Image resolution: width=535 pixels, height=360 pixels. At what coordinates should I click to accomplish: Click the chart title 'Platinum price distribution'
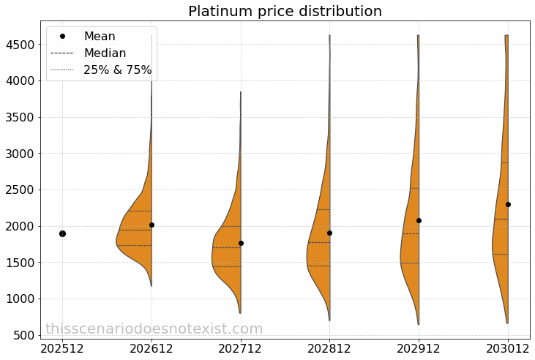click(x=285, y=12)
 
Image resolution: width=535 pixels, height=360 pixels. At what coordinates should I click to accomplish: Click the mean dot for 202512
click(x=62, y=233)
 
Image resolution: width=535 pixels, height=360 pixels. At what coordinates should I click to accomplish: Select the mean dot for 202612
click(x=151, y=225)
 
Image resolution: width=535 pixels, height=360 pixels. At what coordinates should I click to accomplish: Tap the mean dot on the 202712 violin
click(x=241, y=243)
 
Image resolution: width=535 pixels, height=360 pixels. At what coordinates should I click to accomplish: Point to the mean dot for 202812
click(x=329, y=233)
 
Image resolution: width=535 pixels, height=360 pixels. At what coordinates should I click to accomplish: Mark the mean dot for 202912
click(x=419, y=220)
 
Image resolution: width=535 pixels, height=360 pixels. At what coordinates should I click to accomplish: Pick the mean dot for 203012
click(x=508, y=204)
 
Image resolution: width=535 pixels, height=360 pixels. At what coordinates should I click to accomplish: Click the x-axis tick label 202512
click(x=62, y=348)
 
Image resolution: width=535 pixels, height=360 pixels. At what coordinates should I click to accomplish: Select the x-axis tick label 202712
click(x=241, y=348)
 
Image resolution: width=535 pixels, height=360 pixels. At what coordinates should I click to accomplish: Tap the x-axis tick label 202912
click(x=419, y=348)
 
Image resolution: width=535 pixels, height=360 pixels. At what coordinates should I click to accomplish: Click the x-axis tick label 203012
click(x=508, y=348)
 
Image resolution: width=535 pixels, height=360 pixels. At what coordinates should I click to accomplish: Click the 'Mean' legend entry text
click(x=100, y=36)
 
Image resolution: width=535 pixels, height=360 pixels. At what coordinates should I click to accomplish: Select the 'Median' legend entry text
click(x=105, y=53)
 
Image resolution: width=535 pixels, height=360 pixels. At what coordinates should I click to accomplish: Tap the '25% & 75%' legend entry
click(x=117, y=70)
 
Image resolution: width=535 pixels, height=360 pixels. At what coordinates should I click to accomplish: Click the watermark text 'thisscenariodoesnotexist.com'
click(x=154, y=329)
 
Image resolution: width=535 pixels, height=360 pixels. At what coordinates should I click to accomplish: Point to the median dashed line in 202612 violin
click(x=135, y=230)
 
